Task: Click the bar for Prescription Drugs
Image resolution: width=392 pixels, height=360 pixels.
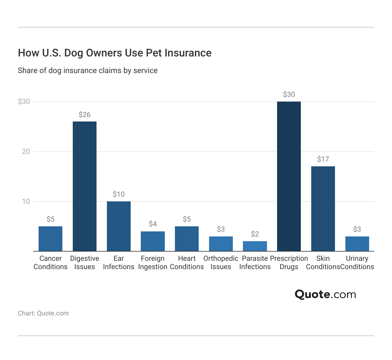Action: (x=289, y=176)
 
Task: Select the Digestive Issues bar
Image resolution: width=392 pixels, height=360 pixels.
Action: (x=85, y=186)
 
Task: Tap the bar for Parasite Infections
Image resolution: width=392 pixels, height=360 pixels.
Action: (x=255, y=246)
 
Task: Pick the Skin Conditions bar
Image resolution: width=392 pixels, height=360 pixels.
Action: (x=323, y=209)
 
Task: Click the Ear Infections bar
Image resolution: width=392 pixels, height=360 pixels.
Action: (x=118, y=226)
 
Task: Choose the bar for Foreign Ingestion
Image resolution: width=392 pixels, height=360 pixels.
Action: (x=153, y=241)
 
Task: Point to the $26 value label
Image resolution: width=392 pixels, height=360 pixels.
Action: (x=85, y=115)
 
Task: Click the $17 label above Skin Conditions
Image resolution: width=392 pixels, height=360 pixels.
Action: (x=323, y=159)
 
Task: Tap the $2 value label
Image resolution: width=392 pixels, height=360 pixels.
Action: (x=255, y=234)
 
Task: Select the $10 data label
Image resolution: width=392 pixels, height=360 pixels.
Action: (x=118, y=194)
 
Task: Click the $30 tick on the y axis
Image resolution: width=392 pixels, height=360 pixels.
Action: (x=24, y=102)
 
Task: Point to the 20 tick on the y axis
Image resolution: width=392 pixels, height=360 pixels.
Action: (x=26, y=151)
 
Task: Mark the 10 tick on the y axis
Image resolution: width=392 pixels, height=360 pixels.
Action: (x=26, y=201)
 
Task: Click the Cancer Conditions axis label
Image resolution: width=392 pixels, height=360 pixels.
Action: (x=50, y=263)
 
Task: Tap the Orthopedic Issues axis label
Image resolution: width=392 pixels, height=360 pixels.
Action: (x=221, y=263)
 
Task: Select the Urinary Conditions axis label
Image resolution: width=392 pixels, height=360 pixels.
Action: (x=357, y=263)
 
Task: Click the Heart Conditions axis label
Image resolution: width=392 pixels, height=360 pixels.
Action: (x=187, y=263)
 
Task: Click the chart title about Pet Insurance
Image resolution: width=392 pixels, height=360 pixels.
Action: (x=115, y=53)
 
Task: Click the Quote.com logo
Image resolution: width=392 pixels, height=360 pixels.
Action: (x=325, y=294)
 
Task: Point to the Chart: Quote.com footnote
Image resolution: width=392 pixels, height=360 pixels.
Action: (x=43, y=313)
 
